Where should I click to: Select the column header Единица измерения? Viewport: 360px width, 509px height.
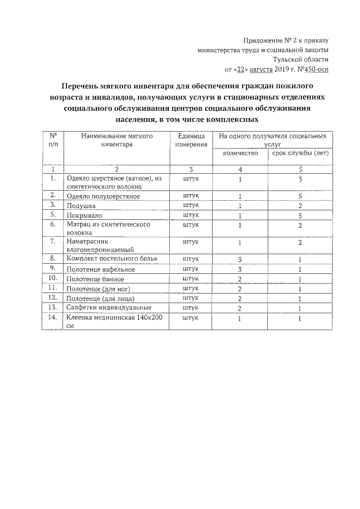[191, 141]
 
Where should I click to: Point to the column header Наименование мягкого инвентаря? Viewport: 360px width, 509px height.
[117, 141]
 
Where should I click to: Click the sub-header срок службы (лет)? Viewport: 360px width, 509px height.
[300, 154]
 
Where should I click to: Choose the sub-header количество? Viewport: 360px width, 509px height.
[240, 154]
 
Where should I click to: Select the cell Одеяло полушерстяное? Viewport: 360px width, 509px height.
[103, 196]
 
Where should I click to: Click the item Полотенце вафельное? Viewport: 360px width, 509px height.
[100, 269]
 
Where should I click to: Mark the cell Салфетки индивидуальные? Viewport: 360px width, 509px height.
[109, 308]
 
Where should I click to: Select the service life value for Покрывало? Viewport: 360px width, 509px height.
[300, 215]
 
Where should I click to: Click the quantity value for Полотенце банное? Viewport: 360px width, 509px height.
[240, 279]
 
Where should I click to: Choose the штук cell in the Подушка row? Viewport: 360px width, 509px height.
[191, 205]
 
